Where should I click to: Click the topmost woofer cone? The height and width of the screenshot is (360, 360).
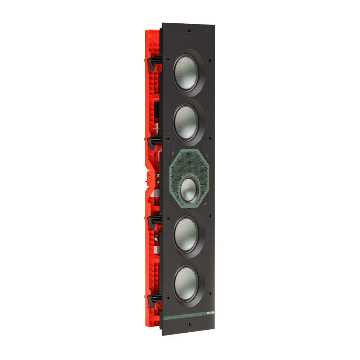(x=186, y=72)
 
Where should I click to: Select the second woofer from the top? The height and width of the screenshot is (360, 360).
(x=186, y=122)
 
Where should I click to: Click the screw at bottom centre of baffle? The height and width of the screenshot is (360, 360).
(x=189, y=325)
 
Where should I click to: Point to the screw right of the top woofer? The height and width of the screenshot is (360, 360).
(x=210, y=60)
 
